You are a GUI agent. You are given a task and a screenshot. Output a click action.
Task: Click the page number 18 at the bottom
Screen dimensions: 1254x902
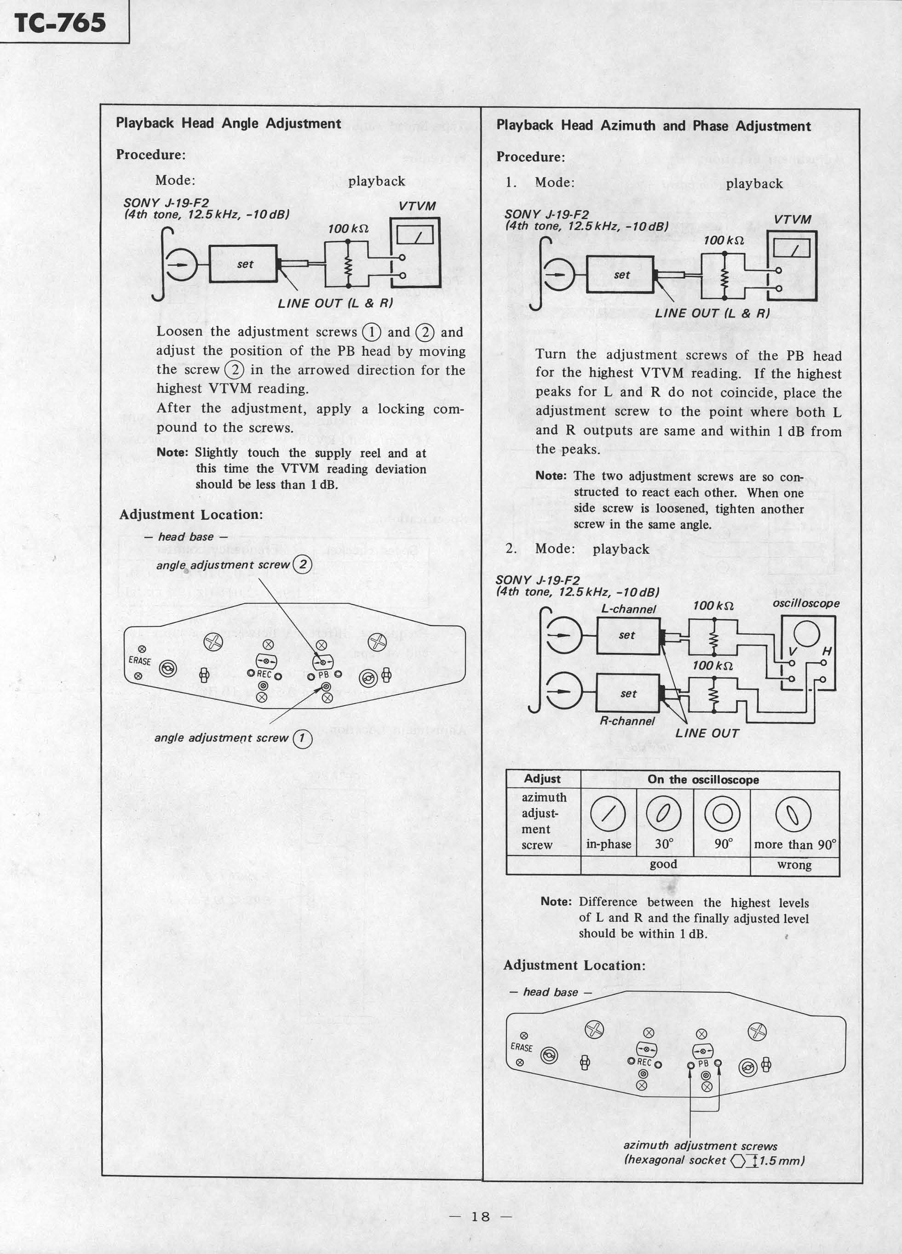point(480,1216)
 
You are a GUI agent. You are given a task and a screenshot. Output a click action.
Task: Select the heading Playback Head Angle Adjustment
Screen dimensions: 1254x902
point(228,123)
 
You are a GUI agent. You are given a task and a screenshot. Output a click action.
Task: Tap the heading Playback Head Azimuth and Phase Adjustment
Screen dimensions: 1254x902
point(653,126)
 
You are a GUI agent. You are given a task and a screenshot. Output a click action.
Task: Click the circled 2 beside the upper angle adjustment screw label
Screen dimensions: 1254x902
point(303,565)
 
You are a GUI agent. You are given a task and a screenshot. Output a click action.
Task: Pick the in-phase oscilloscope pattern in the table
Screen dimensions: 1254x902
point(608,816)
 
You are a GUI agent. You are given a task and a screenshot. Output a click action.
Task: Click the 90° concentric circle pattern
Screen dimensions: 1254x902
point(722,815)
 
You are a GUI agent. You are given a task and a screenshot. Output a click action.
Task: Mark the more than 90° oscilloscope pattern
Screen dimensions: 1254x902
point(794,816)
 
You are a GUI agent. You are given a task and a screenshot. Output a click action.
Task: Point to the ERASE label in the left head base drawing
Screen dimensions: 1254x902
point(139,661)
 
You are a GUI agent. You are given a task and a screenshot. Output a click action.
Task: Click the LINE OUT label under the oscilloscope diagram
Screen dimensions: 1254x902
point(707,733)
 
